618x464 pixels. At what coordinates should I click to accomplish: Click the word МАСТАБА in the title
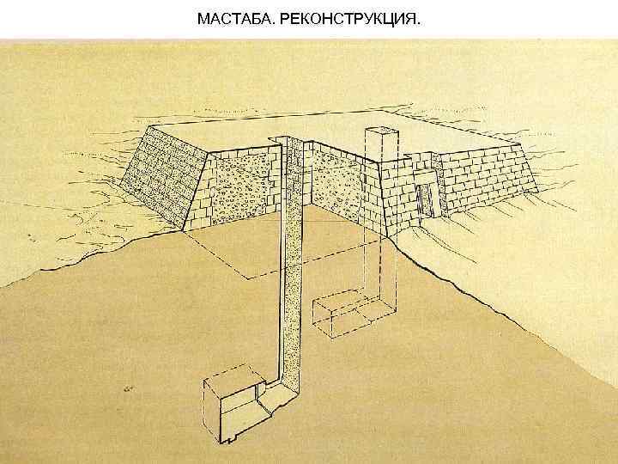point(233,18)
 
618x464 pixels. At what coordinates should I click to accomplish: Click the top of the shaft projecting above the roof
point(381,131)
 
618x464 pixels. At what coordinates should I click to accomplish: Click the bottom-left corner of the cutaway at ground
point(182,230)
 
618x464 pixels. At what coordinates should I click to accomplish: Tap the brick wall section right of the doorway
point(485,185)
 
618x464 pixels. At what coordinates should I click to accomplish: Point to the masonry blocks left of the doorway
point(400,189)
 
